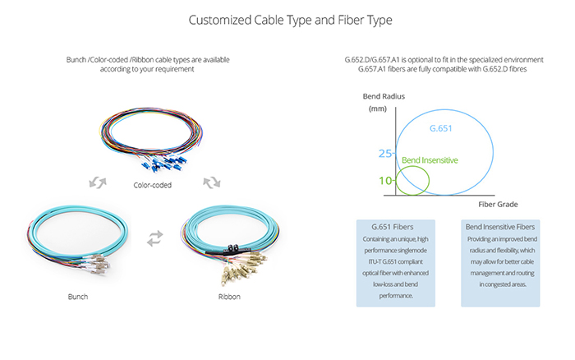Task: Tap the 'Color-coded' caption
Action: click(x=153, y=185)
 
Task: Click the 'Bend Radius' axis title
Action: click(x=384, y=97)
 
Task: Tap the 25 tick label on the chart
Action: click(x=386, y=154)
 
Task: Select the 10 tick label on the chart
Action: click(x=386, y=179)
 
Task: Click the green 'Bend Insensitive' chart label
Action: click(x=430, y=159)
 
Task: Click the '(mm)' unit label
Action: click(x=378, y=108)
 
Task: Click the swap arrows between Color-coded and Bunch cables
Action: click(x=96, y=180)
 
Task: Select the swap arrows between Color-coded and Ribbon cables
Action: click(x=211, y=180)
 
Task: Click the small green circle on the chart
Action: click(x=412, y=179)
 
